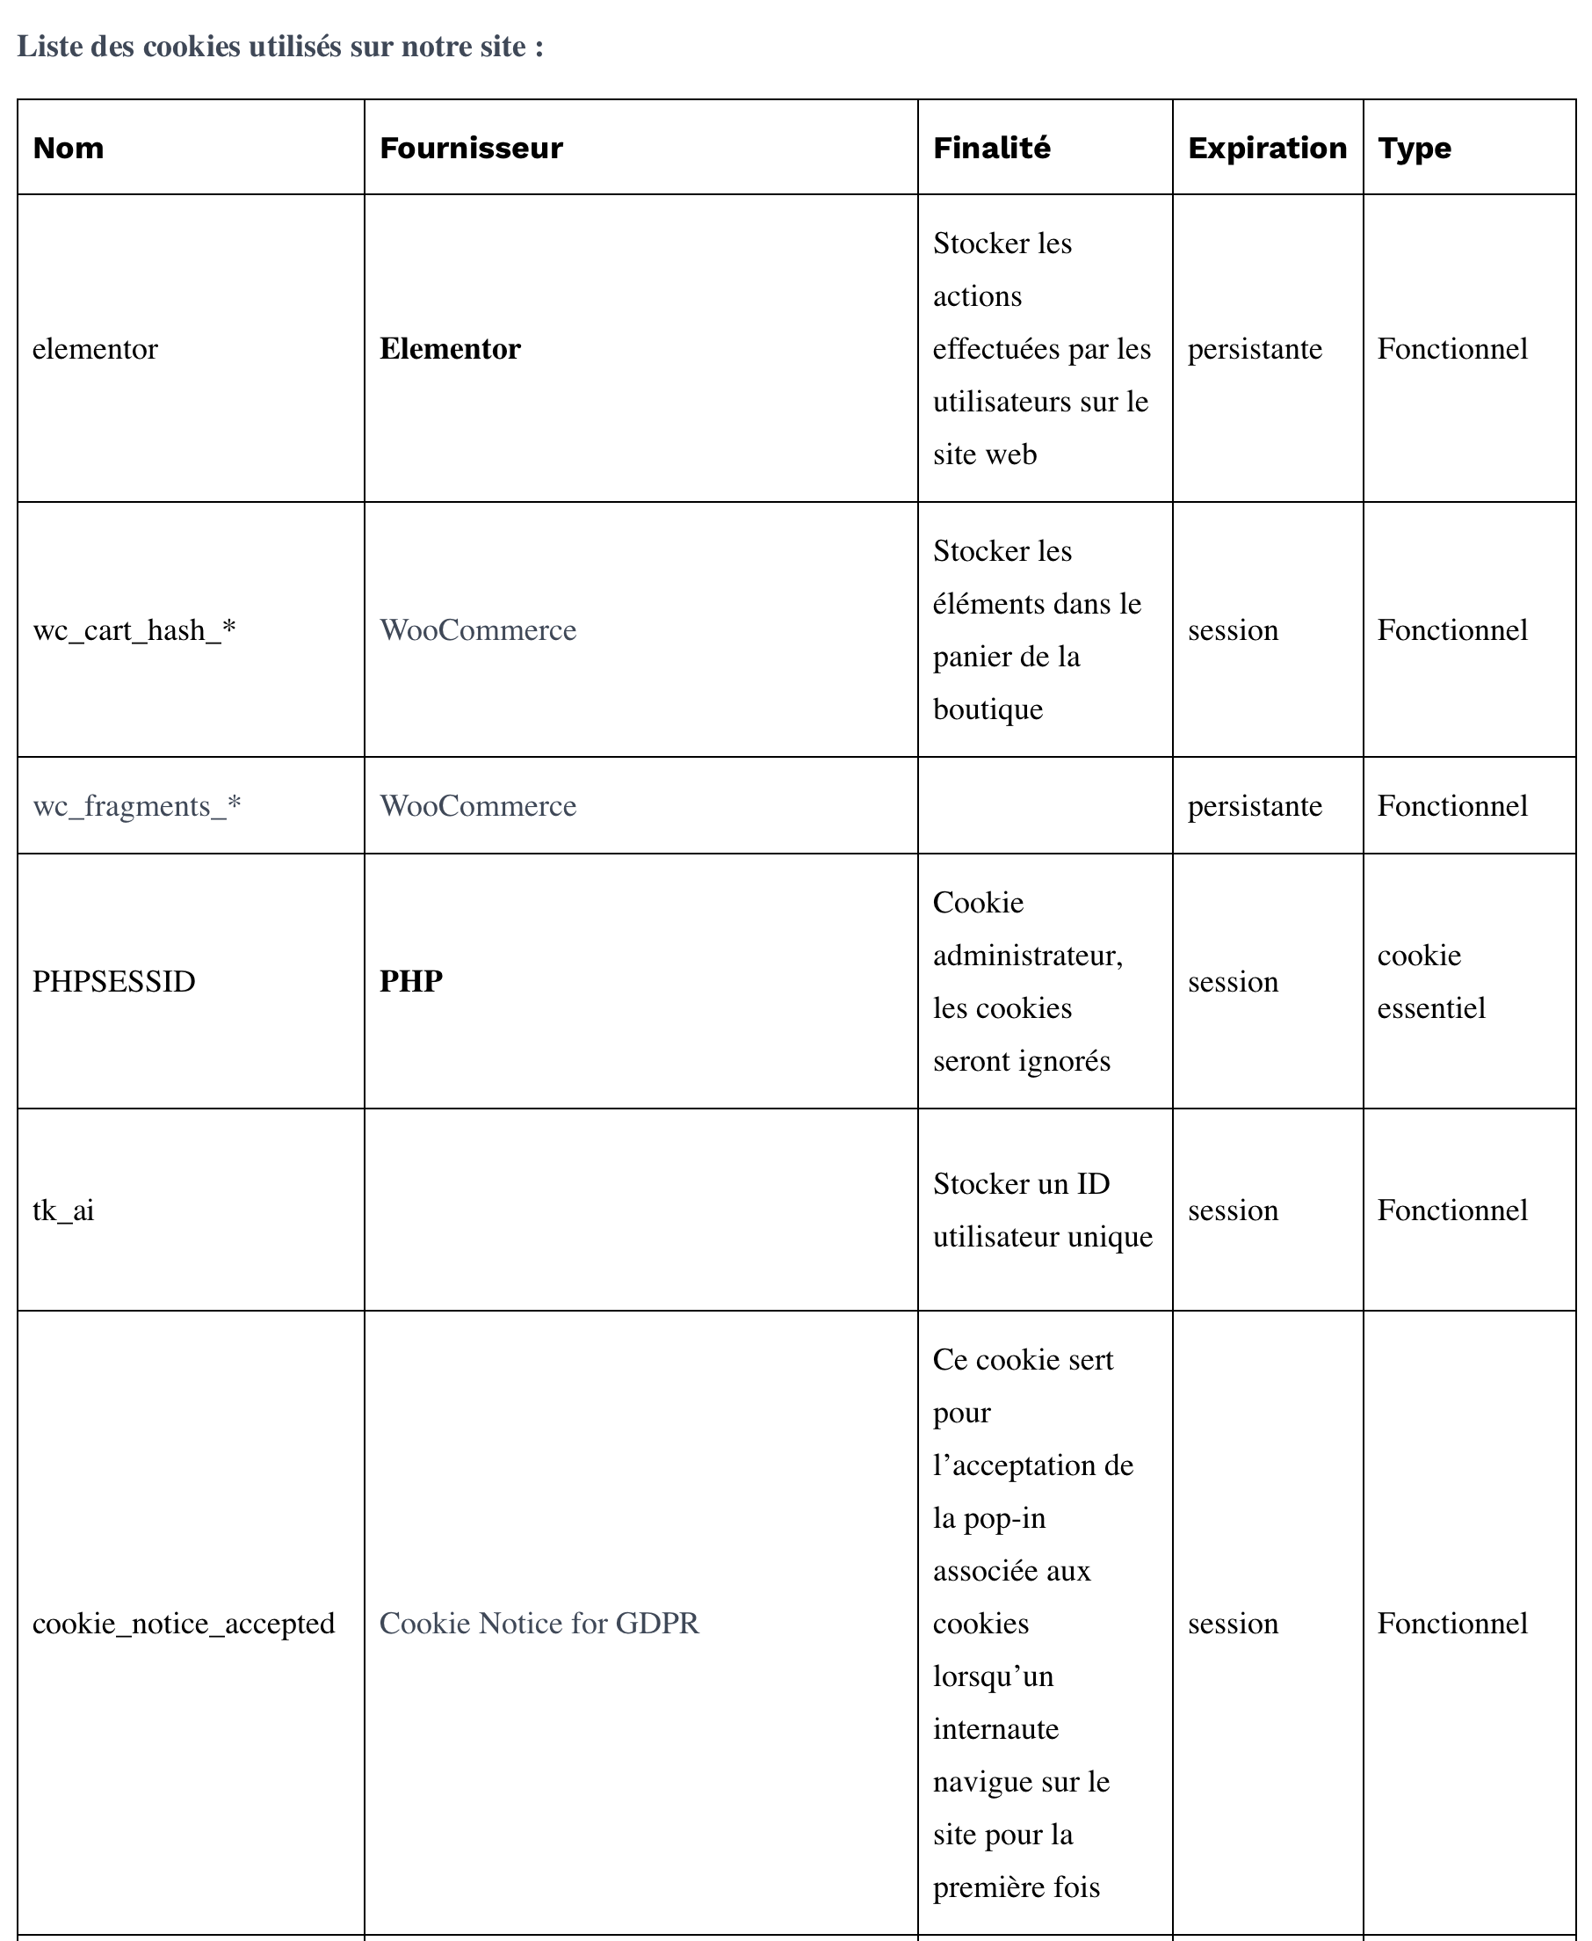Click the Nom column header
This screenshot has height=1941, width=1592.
[x=68, y=148]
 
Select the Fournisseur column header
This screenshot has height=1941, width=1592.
[x=470, y=148]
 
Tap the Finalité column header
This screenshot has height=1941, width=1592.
[x=991, y=148]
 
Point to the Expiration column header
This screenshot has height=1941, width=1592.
[x=1266, y=148]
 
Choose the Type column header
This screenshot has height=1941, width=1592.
[x=1415, y=148]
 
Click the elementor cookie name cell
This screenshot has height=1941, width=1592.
[x=96, y=349]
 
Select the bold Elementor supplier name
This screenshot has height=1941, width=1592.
[x=449, y=349]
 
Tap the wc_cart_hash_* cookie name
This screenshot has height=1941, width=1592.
[x=134, y=630]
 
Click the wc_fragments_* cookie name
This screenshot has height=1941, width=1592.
[x=137, y=805]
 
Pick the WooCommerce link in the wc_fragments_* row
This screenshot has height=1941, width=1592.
[x=478, y=805]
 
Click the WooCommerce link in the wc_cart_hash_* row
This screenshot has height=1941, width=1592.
[x=478, y=630]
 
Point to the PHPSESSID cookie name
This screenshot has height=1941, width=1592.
[x=113, y=982]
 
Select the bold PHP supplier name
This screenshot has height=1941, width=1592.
[x=411, y=982]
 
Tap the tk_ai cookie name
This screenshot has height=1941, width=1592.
[x=63, y=1210]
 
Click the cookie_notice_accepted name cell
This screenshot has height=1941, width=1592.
[x=184, y=1624]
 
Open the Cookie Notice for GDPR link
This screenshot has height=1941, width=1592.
[x=539, y=1624]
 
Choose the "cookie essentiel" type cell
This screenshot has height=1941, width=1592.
[x=1430, y=982]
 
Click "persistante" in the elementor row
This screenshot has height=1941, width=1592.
[x=1255, y=349]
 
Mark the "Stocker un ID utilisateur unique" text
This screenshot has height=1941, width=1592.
[x=1042, y=1210]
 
